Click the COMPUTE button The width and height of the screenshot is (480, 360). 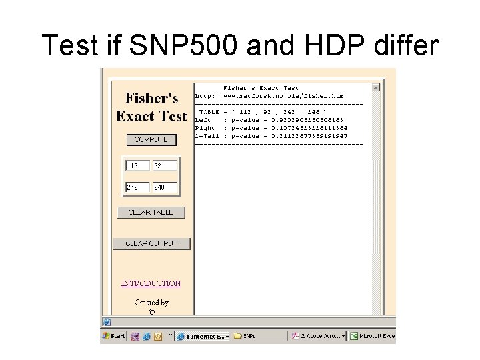coord(151,140)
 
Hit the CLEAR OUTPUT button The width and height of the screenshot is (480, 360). coord(151,243)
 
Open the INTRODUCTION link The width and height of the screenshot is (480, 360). coord(151,283)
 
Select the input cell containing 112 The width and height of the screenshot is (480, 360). coord(137,166)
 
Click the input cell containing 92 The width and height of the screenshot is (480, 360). coord(165,166)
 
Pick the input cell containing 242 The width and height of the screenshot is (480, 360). coord(137,188)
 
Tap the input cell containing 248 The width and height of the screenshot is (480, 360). coord(165,188)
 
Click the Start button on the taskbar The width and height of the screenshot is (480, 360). coord(114,336)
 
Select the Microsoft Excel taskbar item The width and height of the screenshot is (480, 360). coord(373,336)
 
